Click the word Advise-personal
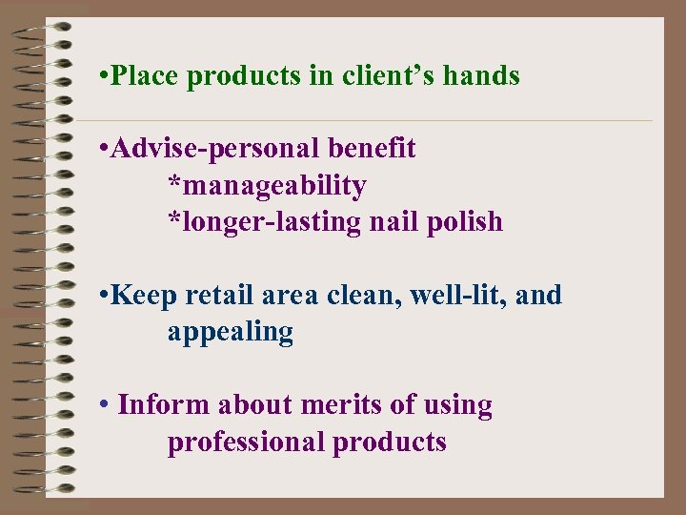[x=215, y=149]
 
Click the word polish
[x=468, y=221]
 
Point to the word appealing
[x=230, y=332]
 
